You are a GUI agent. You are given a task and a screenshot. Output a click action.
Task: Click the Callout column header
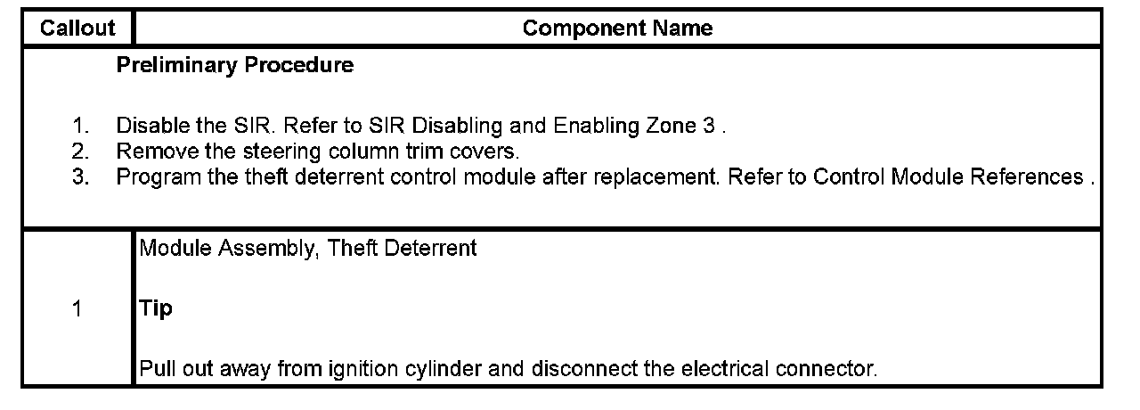(x=77, y=29)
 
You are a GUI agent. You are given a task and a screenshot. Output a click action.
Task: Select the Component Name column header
(x=617, y=29)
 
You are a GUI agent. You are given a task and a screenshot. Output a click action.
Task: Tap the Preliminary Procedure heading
(x=234, y=66)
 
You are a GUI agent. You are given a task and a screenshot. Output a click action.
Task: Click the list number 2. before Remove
(x=81, y=151)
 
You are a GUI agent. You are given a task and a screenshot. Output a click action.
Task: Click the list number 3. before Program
(x=81, y=176)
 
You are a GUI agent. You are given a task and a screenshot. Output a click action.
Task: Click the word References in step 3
(x=1032, y=176)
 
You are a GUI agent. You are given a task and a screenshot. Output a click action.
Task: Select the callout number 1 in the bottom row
(x=77, y=309)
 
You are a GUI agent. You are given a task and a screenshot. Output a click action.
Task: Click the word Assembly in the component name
(x=273, y=250)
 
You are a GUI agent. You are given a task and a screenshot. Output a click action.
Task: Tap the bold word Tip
(x=156, y=309)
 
